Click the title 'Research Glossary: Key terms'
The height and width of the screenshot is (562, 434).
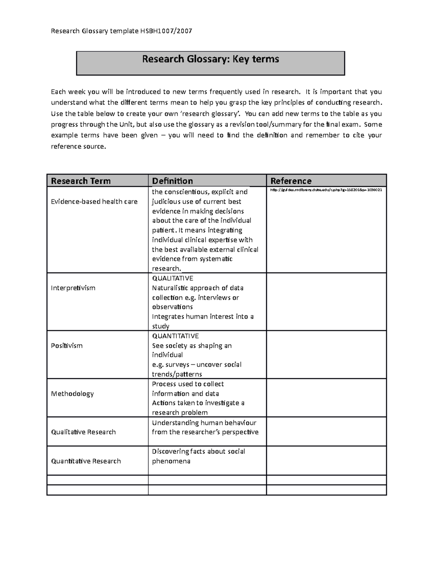[x=210, y=59]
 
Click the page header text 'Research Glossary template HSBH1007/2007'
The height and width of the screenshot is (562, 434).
[x=121, y=31]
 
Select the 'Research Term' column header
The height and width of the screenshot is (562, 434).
[x=81, y=181]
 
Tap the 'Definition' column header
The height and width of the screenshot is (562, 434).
[x=172, y=181]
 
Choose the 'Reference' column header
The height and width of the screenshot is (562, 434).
[x=291, y=181]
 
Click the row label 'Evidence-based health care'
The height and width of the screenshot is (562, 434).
[x=94, y=202]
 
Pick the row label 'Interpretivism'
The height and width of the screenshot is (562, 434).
[x=73, y=288]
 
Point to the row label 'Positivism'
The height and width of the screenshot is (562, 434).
[x=67, y=346]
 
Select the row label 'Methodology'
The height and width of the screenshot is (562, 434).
[x=72, y=394]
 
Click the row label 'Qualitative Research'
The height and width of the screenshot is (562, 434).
[x=83, y=432]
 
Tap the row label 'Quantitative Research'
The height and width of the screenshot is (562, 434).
[x=86, y=461]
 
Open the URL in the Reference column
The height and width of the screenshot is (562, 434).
[x=326, y=190]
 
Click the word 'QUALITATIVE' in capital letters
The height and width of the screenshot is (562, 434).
[x=173, y=278]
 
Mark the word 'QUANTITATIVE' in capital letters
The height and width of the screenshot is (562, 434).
[x=175, y=336]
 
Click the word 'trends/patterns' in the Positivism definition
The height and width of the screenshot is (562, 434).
[x=177, y=374]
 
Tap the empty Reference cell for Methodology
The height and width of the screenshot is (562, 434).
[x=326, y=398]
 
